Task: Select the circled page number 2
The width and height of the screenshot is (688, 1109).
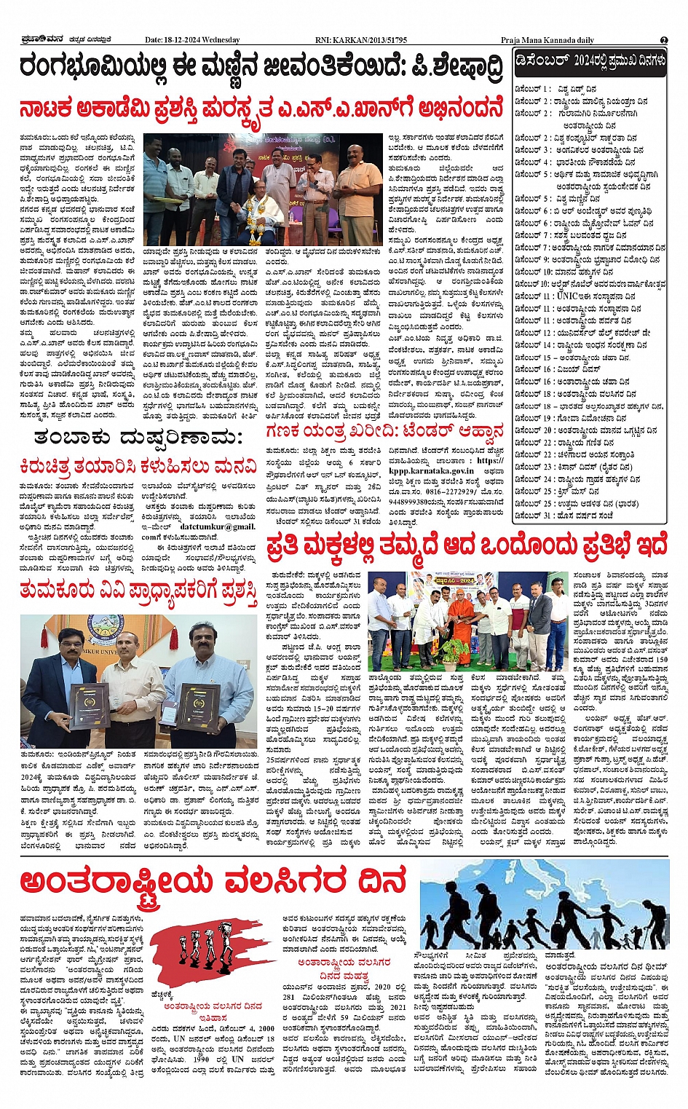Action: tap(664, 40)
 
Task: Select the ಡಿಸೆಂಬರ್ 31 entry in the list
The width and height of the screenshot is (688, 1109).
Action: tap(564, 515)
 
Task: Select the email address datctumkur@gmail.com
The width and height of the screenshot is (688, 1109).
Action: tap(218, 526)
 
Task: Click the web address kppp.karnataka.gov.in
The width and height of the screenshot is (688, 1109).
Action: tap(430, 471)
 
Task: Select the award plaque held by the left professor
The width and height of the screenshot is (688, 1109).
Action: tap(78, 706)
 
